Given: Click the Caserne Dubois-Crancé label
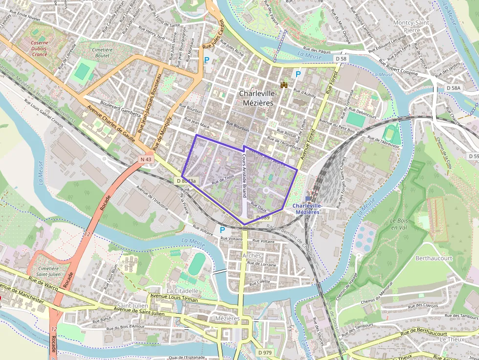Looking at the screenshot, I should tap(32, 48).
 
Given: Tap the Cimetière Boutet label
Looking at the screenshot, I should tap(102, 53).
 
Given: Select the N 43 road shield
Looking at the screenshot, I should tap(146, 159).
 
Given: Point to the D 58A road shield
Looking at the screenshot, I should tap(453, 88).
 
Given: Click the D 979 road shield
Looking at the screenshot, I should tap(264, 352).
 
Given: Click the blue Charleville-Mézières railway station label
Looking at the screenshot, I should tap(307, 209).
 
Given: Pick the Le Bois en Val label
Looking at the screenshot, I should tap(399, 223).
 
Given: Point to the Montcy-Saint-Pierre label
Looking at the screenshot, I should tap(413, 26).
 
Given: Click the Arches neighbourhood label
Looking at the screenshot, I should tap(252, 255).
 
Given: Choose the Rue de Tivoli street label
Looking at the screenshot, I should tap(222, 181).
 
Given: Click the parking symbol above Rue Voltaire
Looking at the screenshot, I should tap(222, 230).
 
